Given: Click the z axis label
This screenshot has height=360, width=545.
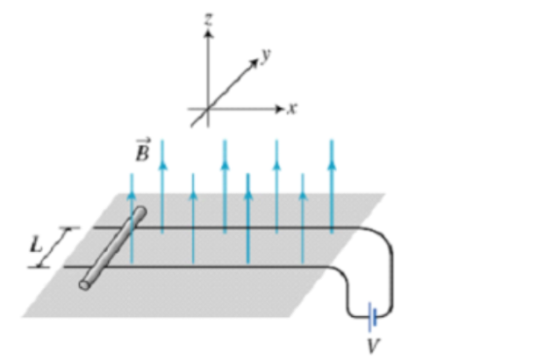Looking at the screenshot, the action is click(208, 19).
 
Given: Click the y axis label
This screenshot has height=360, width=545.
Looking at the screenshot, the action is click(266, 55).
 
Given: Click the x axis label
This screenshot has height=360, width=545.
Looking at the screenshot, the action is click(292, 109).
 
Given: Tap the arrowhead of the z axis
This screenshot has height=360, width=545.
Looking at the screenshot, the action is click(208, 34).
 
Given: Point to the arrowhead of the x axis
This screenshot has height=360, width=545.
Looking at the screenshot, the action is click(279, 109).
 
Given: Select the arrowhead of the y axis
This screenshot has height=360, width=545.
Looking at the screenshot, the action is click(254, 63).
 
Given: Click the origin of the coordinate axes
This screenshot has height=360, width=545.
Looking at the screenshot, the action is click(208, 109).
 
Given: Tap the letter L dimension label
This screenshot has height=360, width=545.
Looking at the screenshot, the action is click(36, 245).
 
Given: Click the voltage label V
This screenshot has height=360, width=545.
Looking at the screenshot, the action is click(374, 345).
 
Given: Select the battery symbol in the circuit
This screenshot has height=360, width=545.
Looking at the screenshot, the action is click(373, 316).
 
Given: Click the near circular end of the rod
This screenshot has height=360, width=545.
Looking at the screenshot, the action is click(84, 284).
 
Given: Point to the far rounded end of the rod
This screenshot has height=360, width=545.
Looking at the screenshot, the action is click(141, 212).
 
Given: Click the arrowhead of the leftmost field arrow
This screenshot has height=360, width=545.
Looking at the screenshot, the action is click(131, 196).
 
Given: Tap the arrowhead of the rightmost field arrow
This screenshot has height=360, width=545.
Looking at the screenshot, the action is click(332, 164).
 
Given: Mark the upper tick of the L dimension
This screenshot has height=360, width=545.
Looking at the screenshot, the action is click(69, 229).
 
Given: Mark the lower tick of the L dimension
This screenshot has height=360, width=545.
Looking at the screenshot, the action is click(39, 267).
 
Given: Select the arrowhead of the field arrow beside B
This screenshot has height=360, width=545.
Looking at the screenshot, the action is click(163, 165).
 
